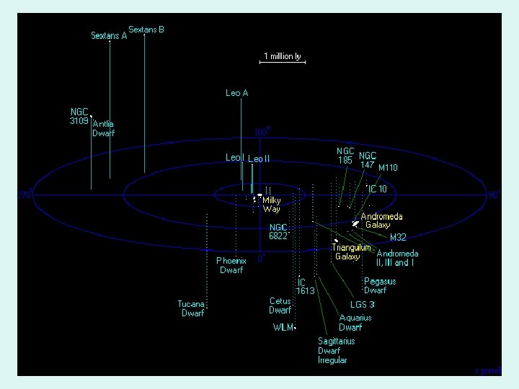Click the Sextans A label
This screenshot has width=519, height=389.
[x=108, y=35]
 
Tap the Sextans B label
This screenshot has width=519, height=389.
[x=146, y=30]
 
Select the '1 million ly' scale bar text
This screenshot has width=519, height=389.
[x=282, y=56]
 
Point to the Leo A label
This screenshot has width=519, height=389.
[x=236, y=93]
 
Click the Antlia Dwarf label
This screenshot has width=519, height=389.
[x=103, y=128]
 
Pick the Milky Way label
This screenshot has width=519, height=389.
[x=272, y=205]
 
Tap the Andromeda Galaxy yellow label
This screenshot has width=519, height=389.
[x=381, y=220]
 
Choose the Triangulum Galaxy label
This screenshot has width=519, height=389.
[x=351, y=251]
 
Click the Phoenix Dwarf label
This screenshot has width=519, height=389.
[x=231, y=265]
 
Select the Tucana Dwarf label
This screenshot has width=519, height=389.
[x=192, y=308]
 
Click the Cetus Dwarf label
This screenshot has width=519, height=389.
[x=280, y=305]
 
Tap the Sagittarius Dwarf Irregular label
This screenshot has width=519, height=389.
[x=336, y=350]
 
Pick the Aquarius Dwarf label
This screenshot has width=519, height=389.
[x=355, y=322]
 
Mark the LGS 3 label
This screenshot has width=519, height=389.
[x=362, y=304]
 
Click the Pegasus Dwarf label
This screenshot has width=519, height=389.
[x=379, y=285]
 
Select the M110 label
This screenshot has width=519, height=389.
[x=388, y=168]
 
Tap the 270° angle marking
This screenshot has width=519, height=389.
[x=25, y=195]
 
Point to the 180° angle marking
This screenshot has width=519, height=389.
[x=262, y=132]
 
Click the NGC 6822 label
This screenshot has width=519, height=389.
[x=278, y=231]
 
